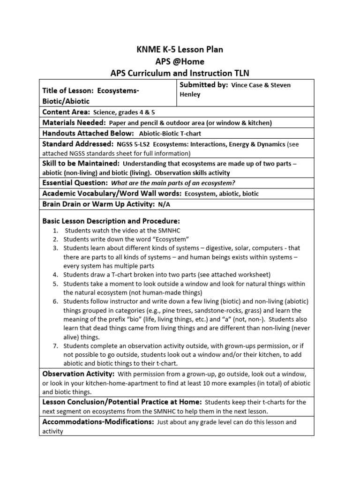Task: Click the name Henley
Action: point(191,94)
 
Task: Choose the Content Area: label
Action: point(67,112)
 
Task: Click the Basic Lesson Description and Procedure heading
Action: point(111,221)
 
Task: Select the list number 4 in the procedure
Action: point(55,275)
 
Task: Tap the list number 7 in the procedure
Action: point(55,346)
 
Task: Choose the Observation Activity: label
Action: point(78,374)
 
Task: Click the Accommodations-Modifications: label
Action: point(98,422)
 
